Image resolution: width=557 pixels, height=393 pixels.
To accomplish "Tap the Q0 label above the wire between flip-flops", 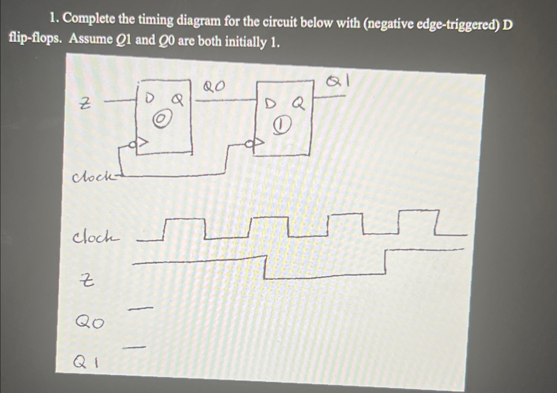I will [214, 87].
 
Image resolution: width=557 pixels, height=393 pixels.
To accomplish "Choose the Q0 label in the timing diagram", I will [90, 323].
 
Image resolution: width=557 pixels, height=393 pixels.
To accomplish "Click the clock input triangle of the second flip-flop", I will [258, 143].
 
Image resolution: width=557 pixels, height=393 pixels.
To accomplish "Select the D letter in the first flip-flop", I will [149, 98].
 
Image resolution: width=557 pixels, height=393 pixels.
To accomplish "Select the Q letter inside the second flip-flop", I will [298, 104].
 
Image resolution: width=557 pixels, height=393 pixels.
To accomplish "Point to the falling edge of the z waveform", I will [265, 267].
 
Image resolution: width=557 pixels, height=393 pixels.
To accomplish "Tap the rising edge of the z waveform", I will [386, 262].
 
